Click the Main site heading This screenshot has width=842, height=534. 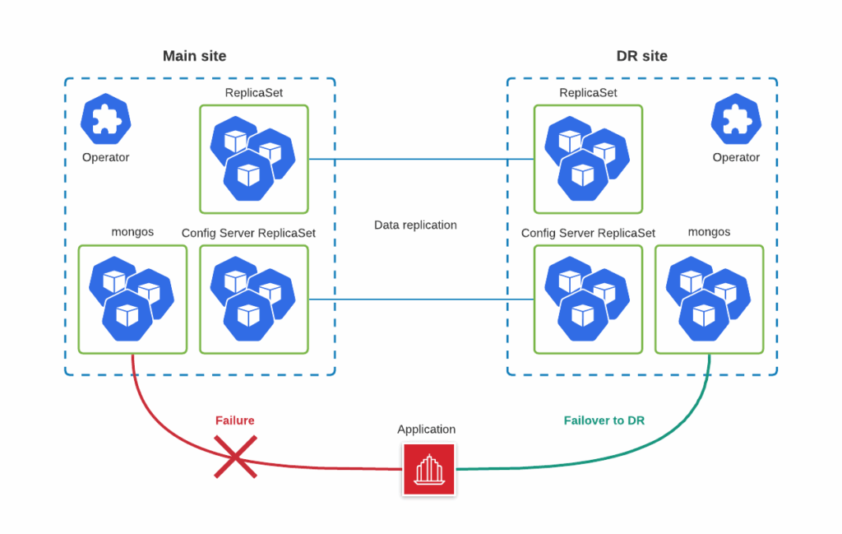pyautogui.click(x=194, y=56)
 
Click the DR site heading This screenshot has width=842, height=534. pyautogui.click(x=641, y=56)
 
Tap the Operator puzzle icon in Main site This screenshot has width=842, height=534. pyautogui.click(x=105, y=119)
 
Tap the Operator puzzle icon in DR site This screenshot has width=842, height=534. pyautogui.click(x=736, y=119)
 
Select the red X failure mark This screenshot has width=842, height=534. pyautogui.click(x=234, y=457)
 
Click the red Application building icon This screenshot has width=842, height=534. pyautogui.click(x=428, y=470)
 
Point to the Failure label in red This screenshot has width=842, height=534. pyautogui.click(x=234, y=420)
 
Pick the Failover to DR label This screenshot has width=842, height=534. pyautogui.click(x=604, y=420)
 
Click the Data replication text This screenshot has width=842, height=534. pyautogui.click(x=415, y=225)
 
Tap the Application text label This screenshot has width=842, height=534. pyautogui.click(x=426, y=430)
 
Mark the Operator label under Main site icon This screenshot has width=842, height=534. pyautogui.click(x=105, y=157)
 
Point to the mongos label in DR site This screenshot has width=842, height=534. pyautogui.click(x=709, y=232)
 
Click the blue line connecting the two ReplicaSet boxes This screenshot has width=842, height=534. pyautogui.click(x=420, y=159)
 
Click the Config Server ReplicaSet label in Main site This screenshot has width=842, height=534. pyautogui.click(x=248, y=233)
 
